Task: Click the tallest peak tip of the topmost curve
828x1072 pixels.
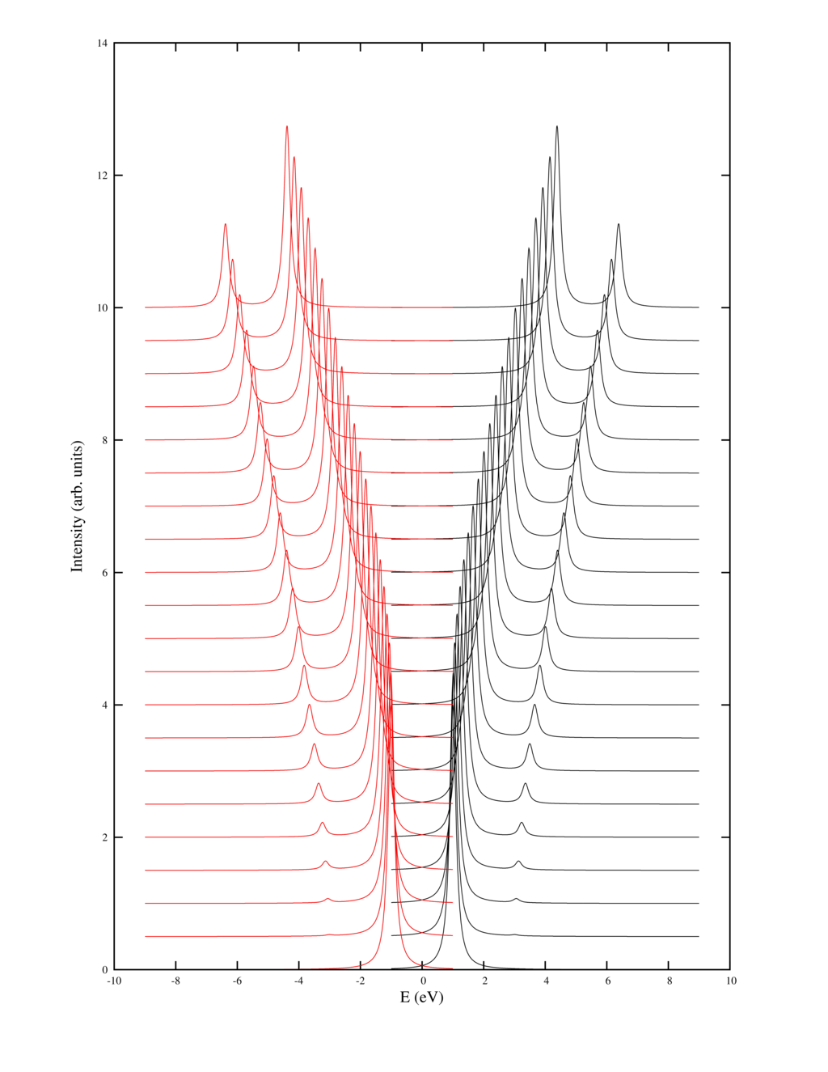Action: click(x=287, y=127)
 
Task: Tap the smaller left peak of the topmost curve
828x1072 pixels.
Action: click(x=225, y=225)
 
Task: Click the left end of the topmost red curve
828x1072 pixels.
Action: click(x=146, y=307)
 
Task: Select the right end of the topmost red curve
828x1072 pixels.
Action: click(x=452, y=307)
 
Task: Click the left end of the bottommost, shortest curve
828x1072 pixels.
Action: click(x=285, y=968)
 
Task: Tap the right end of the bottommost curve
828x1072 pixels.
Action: click(x=454, y=968)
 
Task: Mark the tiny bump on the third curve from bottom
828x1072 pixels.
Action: click(x=327, y=898)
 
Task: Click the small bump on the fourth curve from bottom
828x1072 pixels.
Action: click(x=325, y=862)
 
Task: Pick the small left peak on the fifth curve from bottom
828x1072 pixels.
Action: click(x=322, y=824)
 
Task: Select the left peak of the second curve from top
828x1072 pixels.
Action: click(x=231, y=261)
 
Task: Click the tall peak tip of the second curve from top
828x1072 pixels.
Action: click(x=294, y=158)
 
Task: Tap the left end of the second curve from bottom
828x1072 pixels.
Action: click(x=146, y=936)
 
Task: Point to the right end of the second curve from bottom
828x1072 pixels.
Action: click(x=454, y=935)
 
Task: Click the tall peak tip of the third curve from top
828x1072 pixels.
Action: click(x=301, y=189)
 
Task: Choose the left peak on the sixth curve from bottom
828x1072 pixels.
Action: click(x=318, y=785)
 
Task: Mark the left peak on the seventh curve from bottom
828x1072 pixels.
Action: click(x=314, y=745)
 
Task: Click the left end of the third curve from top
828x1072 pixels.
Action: click(x=146, y=374)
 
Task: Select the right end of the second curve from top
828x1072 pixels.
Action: click(x=452, y=341)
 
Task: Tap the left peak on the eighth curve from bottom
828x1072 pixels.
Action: click(x=309, y=706)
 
